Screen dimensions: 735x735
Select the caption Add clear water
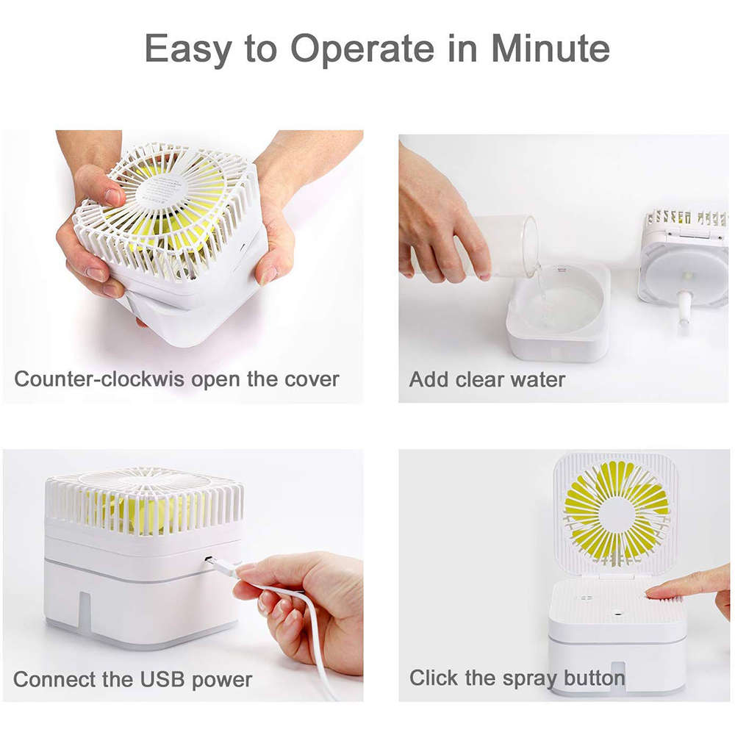point(487,380)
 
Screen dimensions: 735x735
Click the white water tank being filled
point(558,316)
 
